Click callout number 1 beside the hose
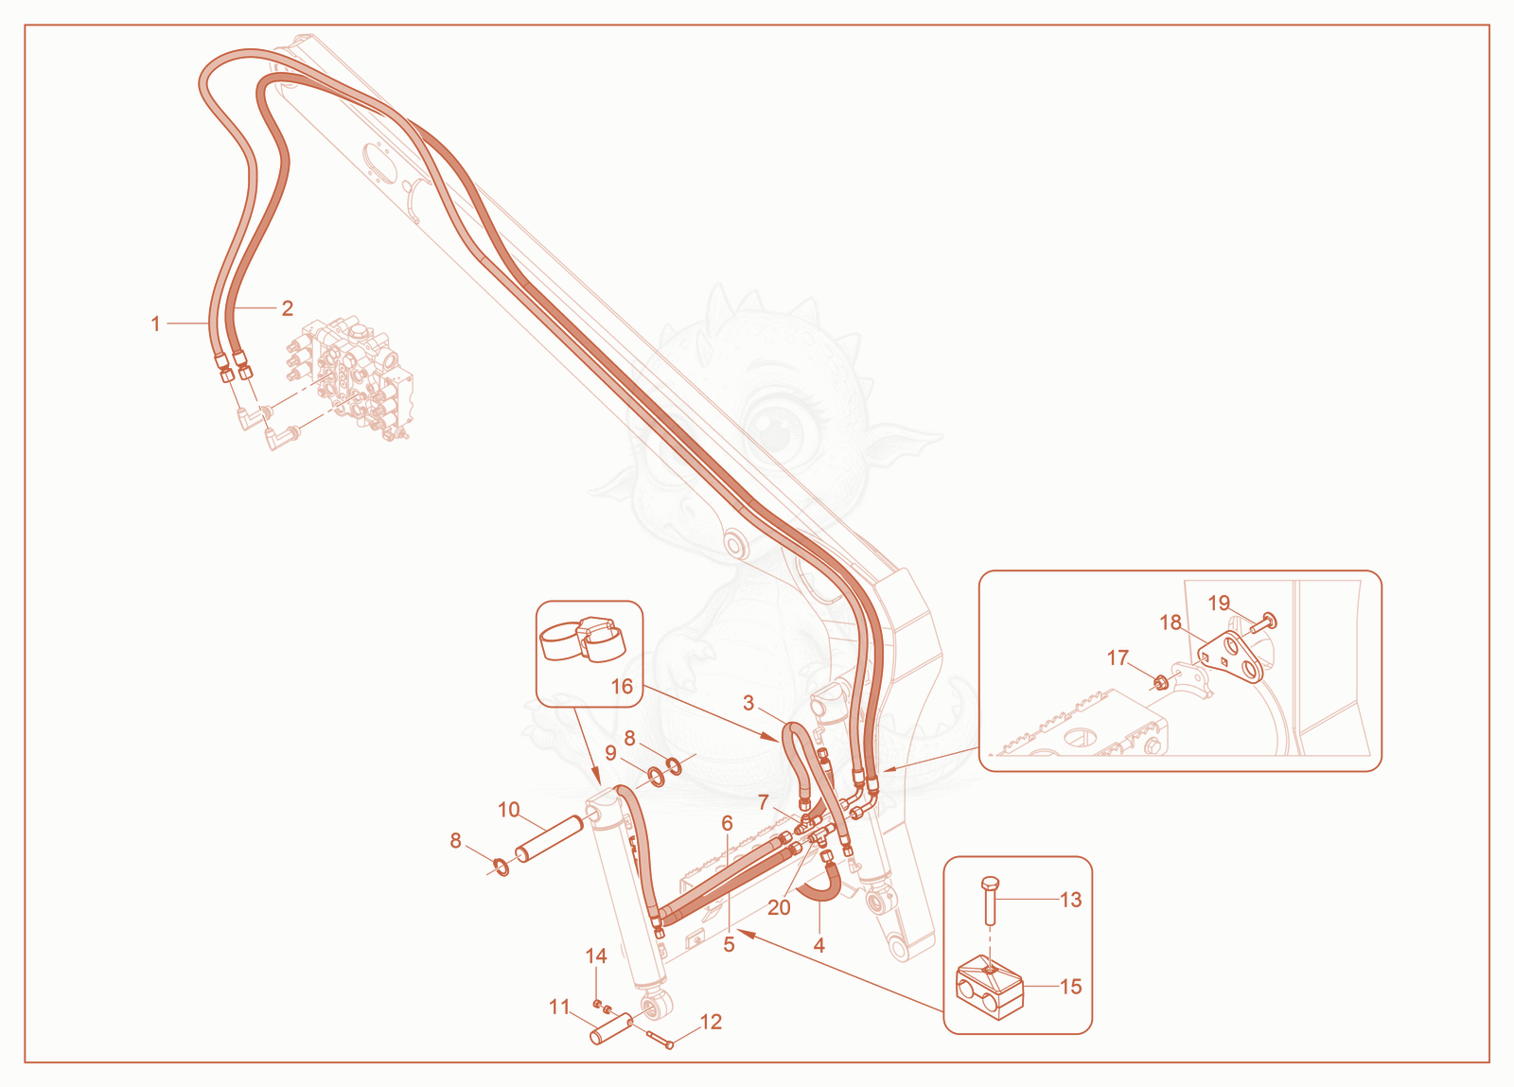[155, 324]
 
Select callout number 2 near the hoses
[288, 308]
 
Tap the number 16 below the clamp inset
[621, 687]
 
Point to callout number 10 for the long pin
[509, 810]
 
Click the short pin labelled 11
[609, 1026]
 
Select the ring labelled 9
[656, 774]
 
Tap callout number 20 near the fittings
[779, 907]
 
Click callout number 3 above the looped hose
[748, 703]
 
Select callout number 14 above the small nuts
[595, 956]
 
